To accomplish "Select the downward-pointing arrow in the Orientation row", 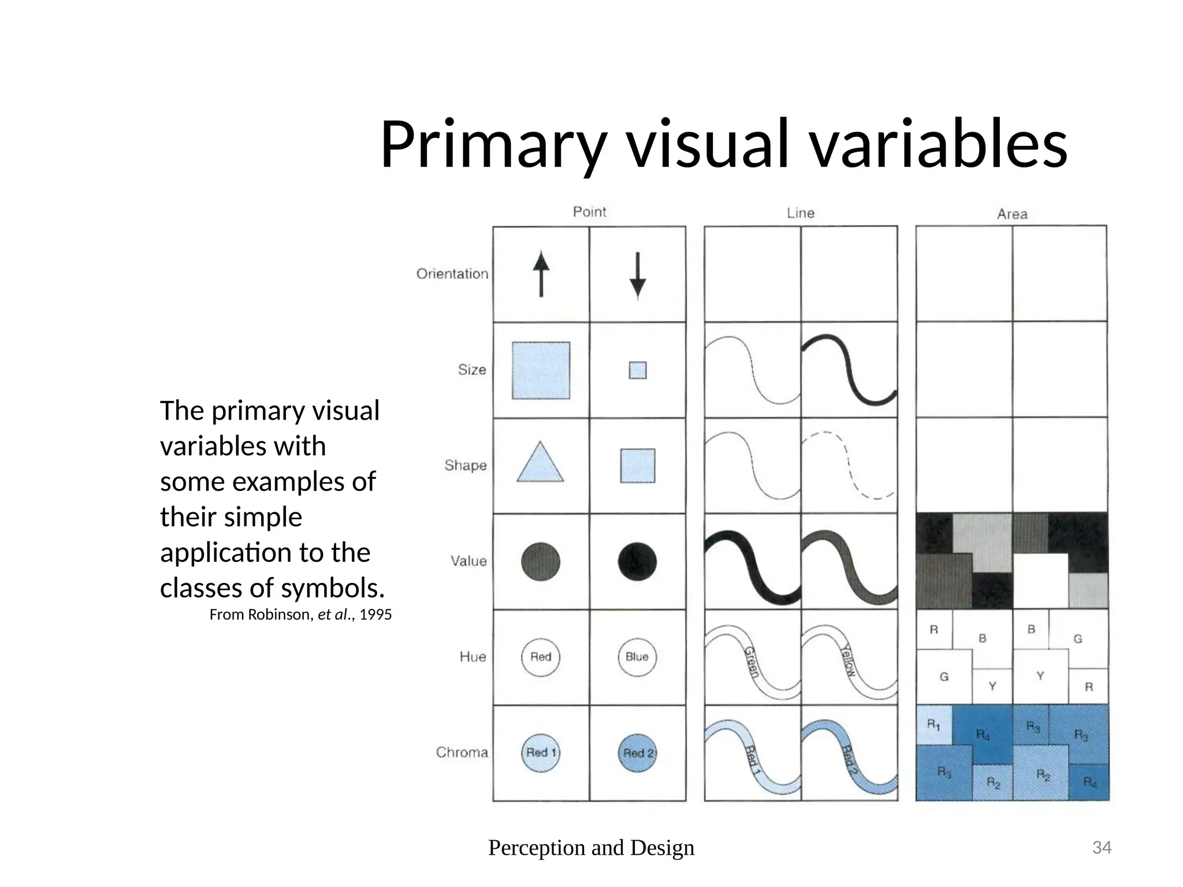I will click(x=637, y=275).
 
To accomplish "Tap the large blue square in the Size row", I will click(x=541, y=370).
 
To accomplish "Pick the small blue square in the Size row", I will click(x=637, y=370).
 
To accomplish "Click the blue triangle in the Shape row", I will click(x=540, y=464).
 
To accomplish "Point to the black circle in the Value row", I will click(x=637, y=561).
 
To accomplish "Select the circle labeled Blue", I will click(x=637, y=657).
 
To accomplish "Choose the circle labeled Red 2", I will click(x=638, y=752).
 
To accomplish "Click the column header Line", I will click(x=800, y=213).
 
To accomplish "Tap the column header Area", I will click(x=1012, y=214).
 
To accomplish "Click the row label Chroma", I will click(x=462, y=752).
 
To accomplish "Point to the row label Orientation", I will click(x=452, y=274).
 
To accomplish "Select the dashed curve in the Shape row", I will click(x=848, y=464).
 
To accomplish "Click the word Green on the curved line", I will click(x=750, y=661).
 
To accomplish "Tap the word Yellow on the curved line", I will click(x=849, y=660).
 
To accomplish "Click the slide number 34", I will click(x=1102, y=848).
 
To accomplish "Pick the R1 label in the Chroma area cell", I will click(x=933, y=724).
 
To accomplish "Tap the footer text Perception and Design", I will click(x=591, y=848).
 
